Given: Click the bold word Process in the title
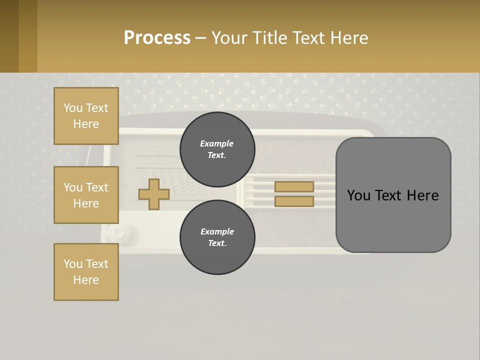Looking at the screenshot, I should tap(157, 38).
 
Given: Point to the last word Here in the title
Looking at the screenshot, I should tap(349, 38).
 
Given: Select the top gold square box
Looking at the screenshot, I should tap(86, 116).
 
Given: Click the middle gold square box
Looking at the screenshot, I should tap(86, 195).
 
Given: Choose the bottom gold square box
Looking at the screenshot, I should tap(86, 272).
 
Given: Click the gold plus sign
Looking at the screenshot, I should tap(154, 194).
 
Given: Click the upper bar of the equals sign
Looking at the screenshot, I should tap(294, 186).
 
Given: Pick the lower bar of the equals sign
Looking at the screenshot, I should tap(294, 201).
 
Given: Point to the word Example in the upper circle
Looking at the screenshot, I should tap(217, 143).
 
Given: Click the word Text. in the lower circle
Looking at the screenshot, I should tap(217, 243).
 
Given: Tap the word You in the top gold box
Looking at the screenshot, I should tap(73, 108).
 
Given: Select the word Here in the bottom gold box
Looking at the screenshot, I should tap(86, 280).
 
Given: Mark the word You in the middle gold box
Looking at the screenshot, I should tap(73, 187).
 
